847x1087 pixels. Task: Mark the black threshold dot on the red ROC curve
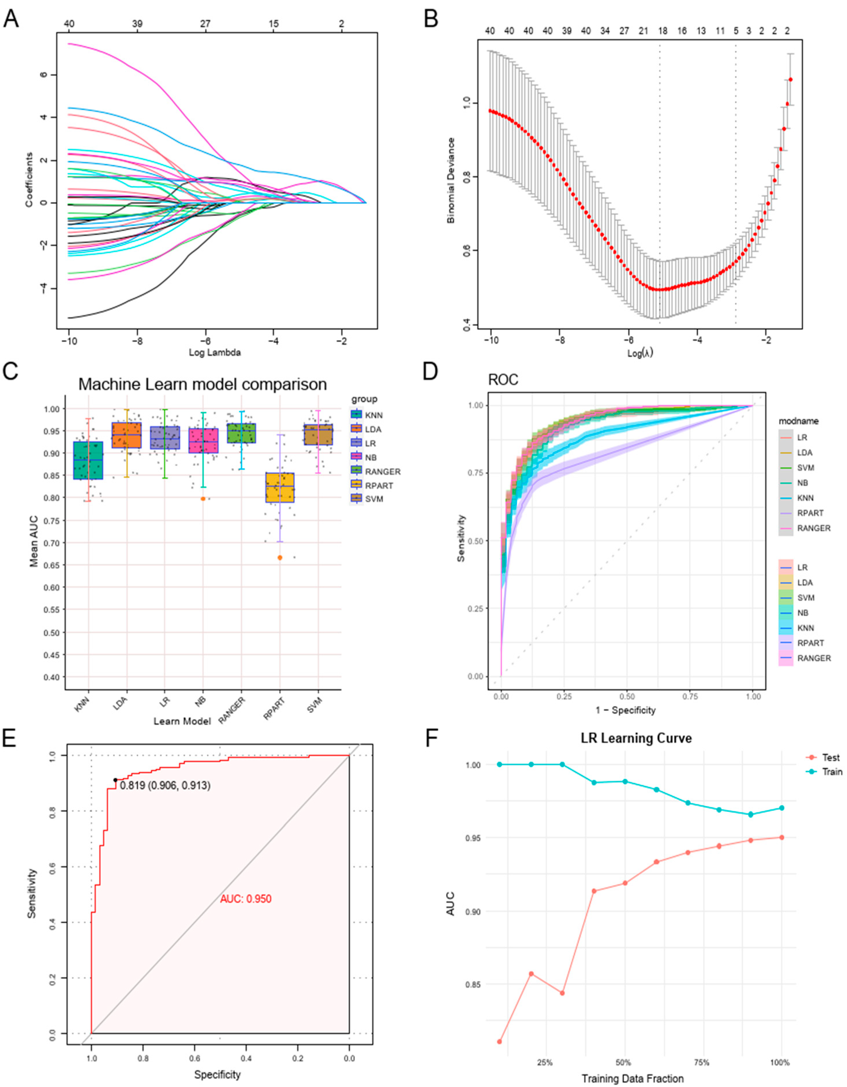coord(115,780)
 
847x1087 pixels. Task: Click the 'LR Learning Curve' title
coord(636,738)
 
